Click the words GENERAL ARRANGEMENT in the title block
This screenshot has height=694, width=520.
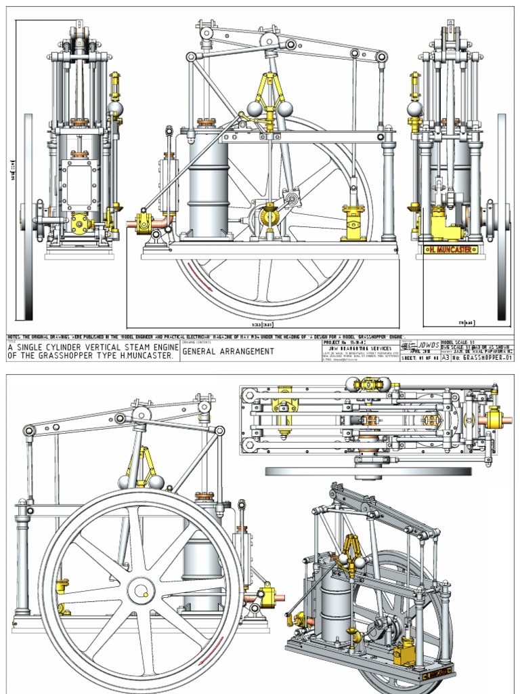pyautogui.click(x=228, y=352)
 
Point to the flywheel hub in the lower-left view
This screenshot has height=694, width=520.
pyautogui.click(x=141, y=591)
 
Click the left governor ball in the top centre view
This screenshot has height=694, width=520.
pyautogui.click(x=255, y=108)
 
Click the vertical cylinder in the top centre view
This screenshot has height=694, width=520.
pyautogui.click(x=208, y=183)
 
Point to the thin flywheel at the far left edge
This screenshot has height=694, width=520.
pyautogui.click(x=28, y=217)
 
